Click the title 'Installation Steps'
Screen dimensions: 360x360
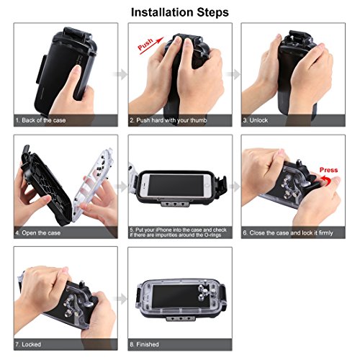[x=180, y=12]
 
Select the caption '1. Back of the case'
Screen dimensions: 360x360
[x=41, y=121]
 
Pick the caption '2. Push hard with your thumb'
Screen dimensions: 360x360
[x=167, y=121]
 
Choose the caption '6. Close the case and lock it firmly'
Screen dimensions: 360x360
[x=292, y=233]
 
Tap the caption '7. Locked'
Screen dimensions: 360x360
[x=32, y=343]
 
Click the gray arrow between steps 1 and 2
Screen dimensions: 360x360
[x=123, y=73]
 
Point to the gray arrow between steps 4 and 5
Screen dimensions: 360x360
[x=123, y=186]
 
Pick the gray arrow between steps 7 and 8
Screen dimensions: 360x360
[x=123, y=297]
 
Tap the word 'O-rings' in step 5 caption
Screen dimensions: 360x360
[x=204, y=236]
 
